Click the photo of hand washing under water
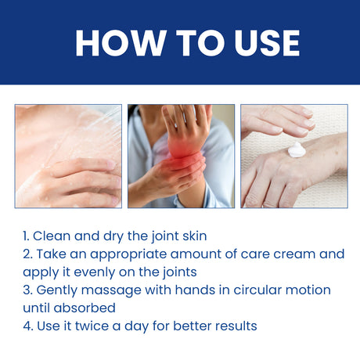pyautogui.click(x=68, y=156)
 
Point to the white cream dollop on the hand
pyautogui.click(x=296, y=149)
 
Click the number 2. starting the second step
pyautogui.click(x=27, y=254)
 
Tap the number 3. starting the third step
pyautogui.click(x=27, y=290)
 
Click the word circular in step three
pyautogui.click(x=250, y=290)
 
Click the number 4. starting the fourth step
pyautogui.click(x=27, y=326)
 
